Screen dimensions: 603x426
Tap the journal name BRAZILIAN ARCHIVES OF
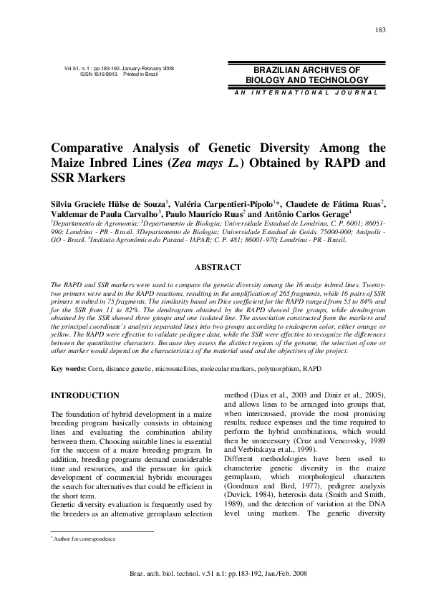306,70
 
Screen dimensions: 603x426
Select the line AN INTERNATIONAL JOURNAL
306,93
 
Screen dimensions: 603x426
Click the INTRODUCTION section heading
84,395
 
